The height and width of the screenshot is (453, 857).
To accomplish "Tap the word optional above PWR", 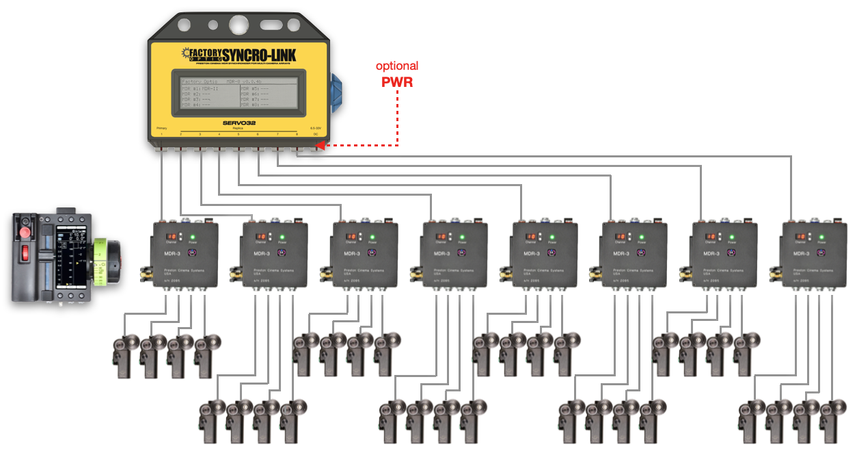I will tap(397, 66).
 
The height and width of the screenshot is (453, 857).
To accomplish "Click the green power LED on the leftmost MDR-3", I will tap(192, 237).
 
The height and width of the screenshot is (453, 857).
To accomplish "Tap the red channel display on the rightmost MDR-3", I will tap(800, 237).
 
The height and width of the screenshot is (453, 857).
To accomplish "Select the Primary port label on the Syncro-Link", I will tap(161, 128).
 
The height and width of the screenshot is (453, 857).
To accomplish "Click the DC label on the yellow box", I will tap(316, 134).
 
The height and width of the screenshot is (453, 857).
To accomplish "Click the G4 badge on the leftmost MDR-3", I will tap(192, 253).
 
